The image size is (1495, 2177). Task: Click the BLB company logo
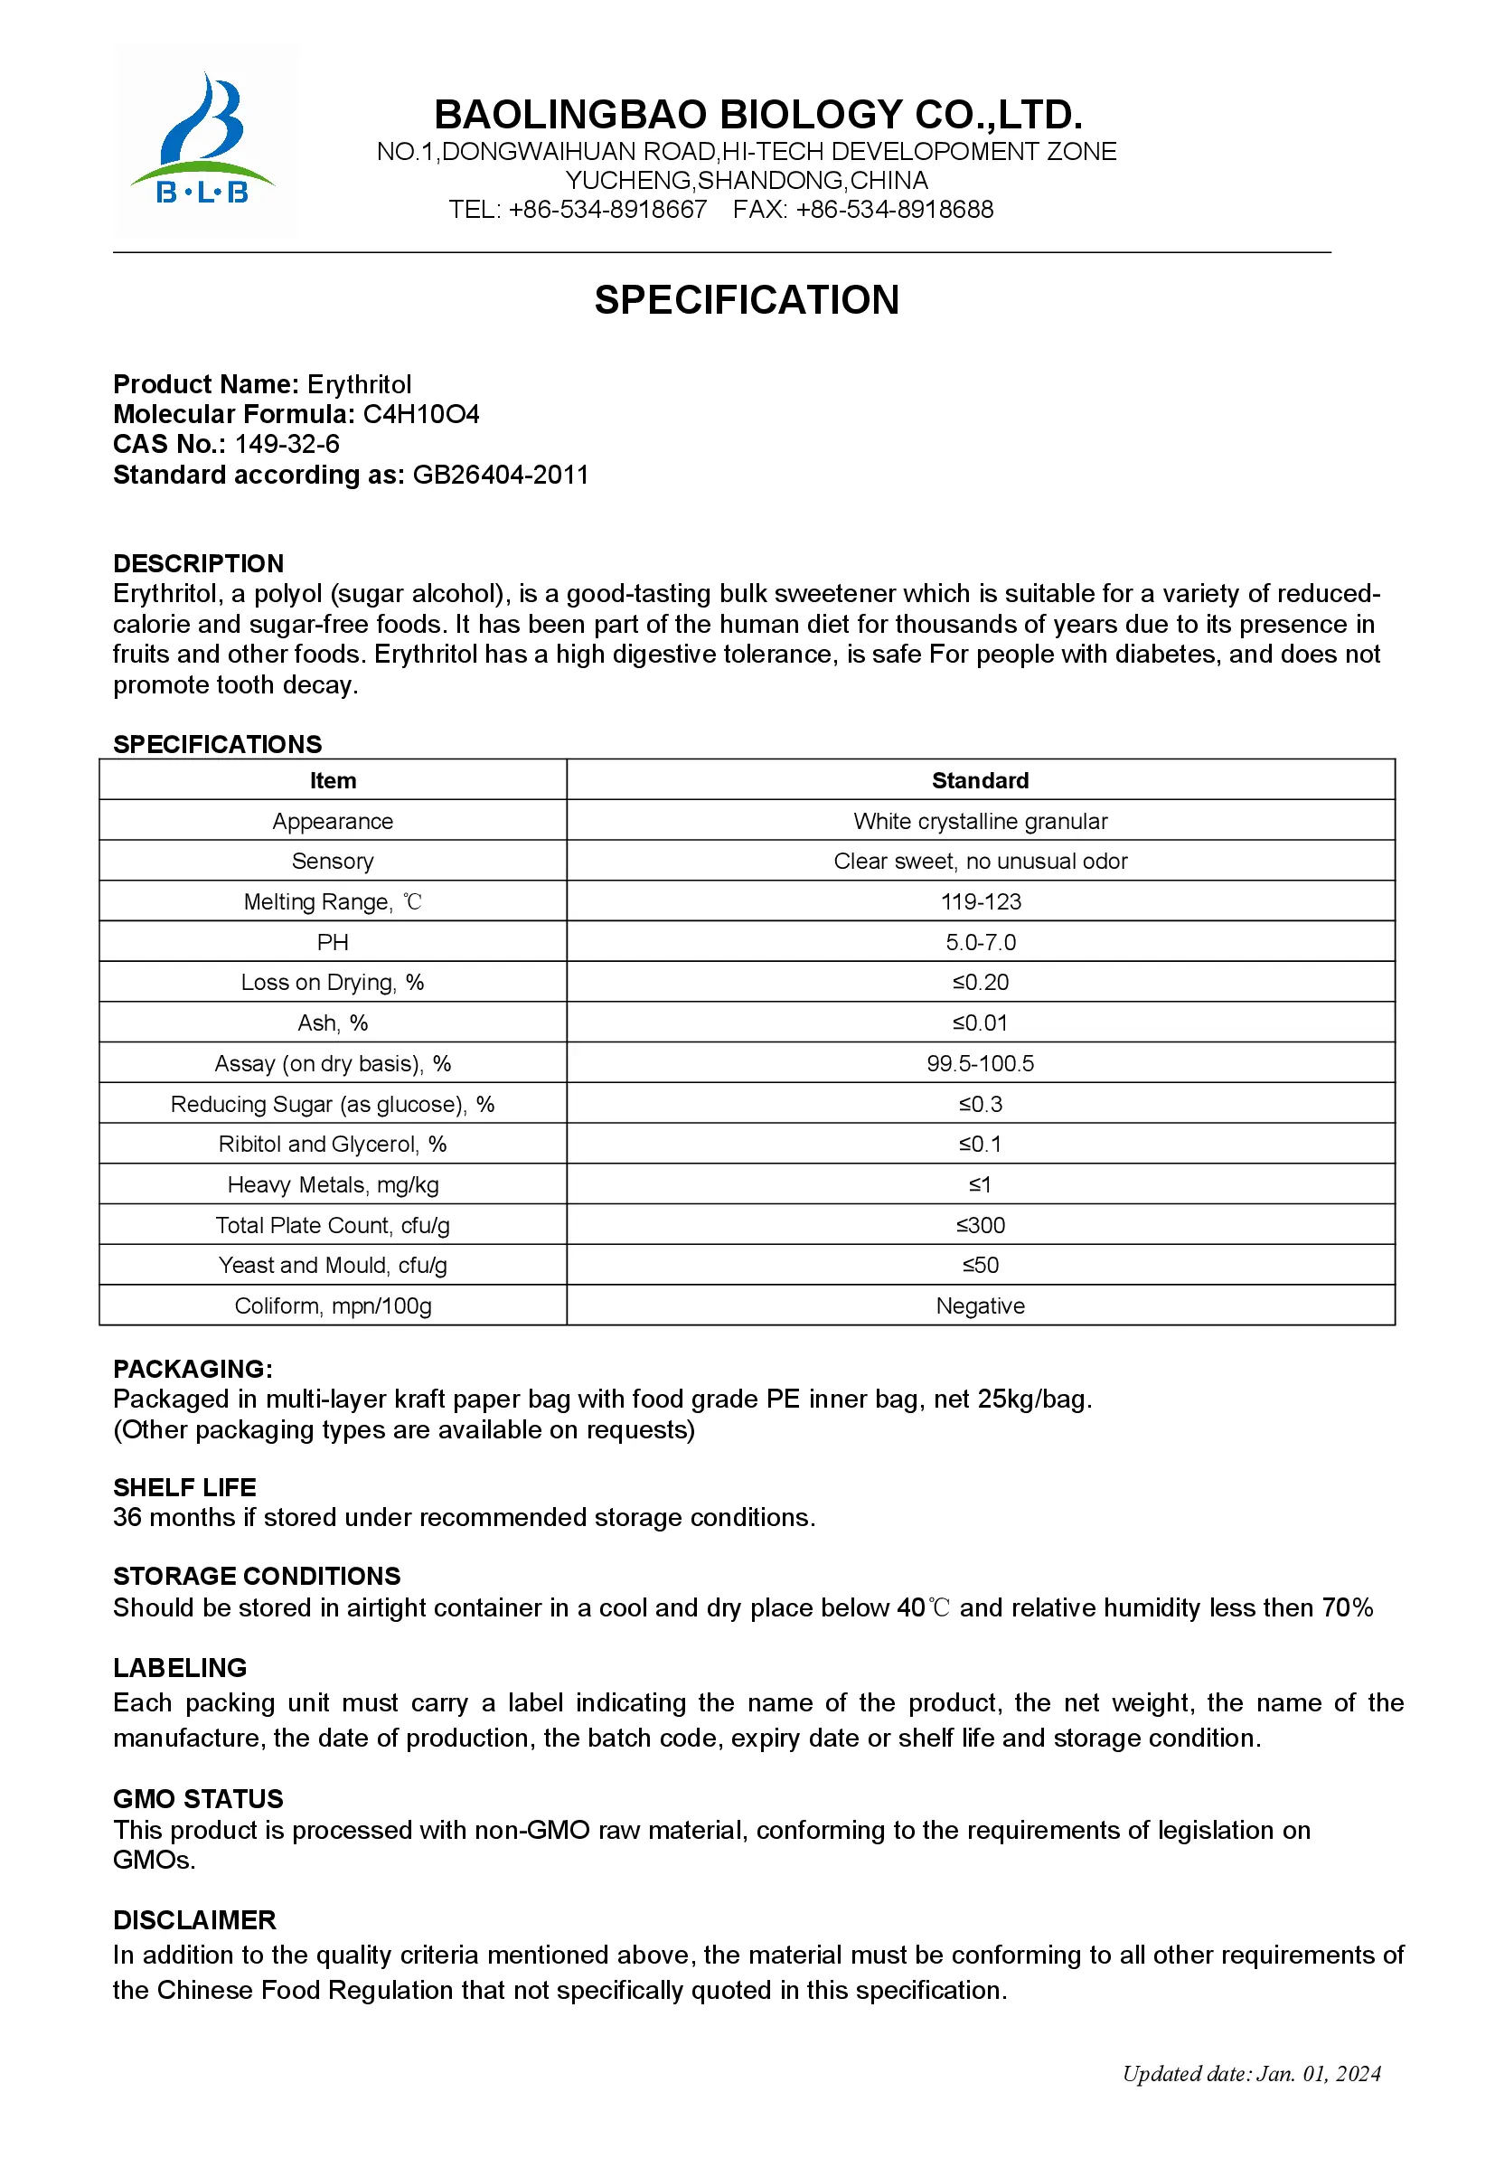pyautogui.click(x=203, y=140)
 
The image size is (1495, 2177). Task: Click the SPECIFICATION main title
pyautogui.click(x=747, y=301)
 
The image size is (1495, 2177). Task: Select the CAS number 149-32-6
pyautogui.click(x=287, y=444)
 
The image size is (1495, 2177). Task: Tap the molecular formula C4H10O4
pyautogui.click(x=420, y=414)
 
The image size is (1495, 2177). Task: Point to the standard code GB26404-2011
pyautogui.click(x=500, y=475)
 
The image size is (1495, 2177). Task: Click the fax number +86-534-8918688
pyautogui.click(x=894, y=210)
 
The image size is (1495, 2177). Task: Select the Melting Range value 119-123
pyautogui.click(x=981, y=902)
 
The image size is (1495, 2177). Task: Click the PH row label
pyautogui.click(x=333, y=942)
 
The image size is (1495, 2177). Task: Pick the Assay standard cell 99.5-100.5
pyautogui.click(x=981, y=1063)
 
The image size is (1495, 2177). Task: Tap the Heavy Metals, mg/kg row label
pyautogui.click(x=333, y=1185)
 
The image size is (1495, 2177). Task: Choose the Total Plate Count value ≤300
pyautogui.click(x=981, y=1225)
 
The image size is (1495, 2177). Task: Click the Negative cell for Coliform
pyautogui.click(x=981, y=1305)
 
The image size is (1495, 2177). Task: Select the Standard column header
pyautogui.click(x=981, y=780)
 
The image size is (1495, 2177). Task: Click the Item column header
pyautogui.click(x=333, y=780)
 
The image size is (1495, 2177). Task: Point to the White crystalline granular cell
pyautogui.click(x=981, y=822)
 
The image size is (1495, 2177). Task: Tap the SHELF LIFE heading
pyautogui.click(x=184, y=1487)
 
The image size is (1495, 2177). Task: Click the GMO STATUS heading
pyautogui.click(x=198, y=1798)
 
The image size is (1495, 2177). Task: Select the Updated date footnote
pyautogui.click(x=1252, y=2074)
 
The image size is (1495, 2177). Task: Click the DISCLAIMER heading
pyautogui.click(x=195, y=1920)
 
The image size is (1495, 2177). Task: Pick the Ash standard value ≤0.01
pyautogui.click(x=981, y=1023)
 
